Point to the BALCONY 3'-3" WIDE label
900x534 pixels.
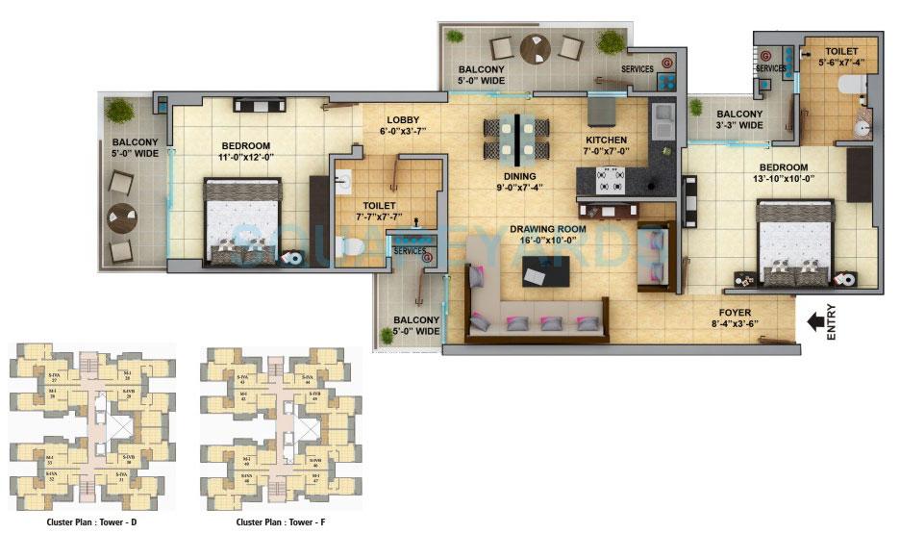[739, 120]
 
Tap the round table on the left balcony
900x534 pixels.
[122, 216]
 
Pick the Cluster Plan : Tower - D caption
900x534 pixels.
[91, 522]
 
